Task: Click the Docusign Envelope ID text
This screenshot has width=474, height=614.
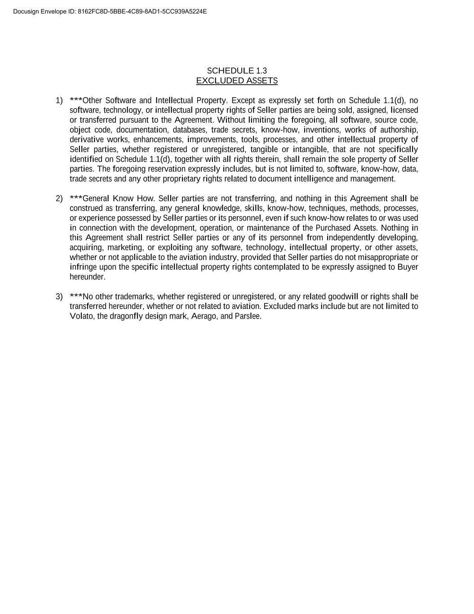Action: [110, 11]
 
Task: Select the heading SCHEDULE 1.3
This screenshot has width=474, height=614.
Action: [237, 71]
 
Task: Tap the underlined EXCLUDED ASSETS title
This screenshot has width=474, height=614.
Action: [237, 81]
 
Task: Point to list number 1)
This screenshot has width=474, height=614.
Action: [59, 100]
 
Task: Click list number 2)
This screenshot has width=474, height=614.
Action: [59, 198]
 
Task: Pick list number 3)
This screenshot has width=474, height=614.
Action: [59, 296]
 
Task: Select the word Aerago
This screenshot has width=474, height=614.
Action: [205, 316]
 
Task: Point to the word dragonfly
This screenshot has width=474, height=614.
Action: [126, 316]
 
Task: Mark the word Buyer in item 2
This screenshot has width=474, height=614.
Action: [408, 267]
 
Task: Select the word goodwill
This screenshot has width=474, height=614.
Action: [343, 296]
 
